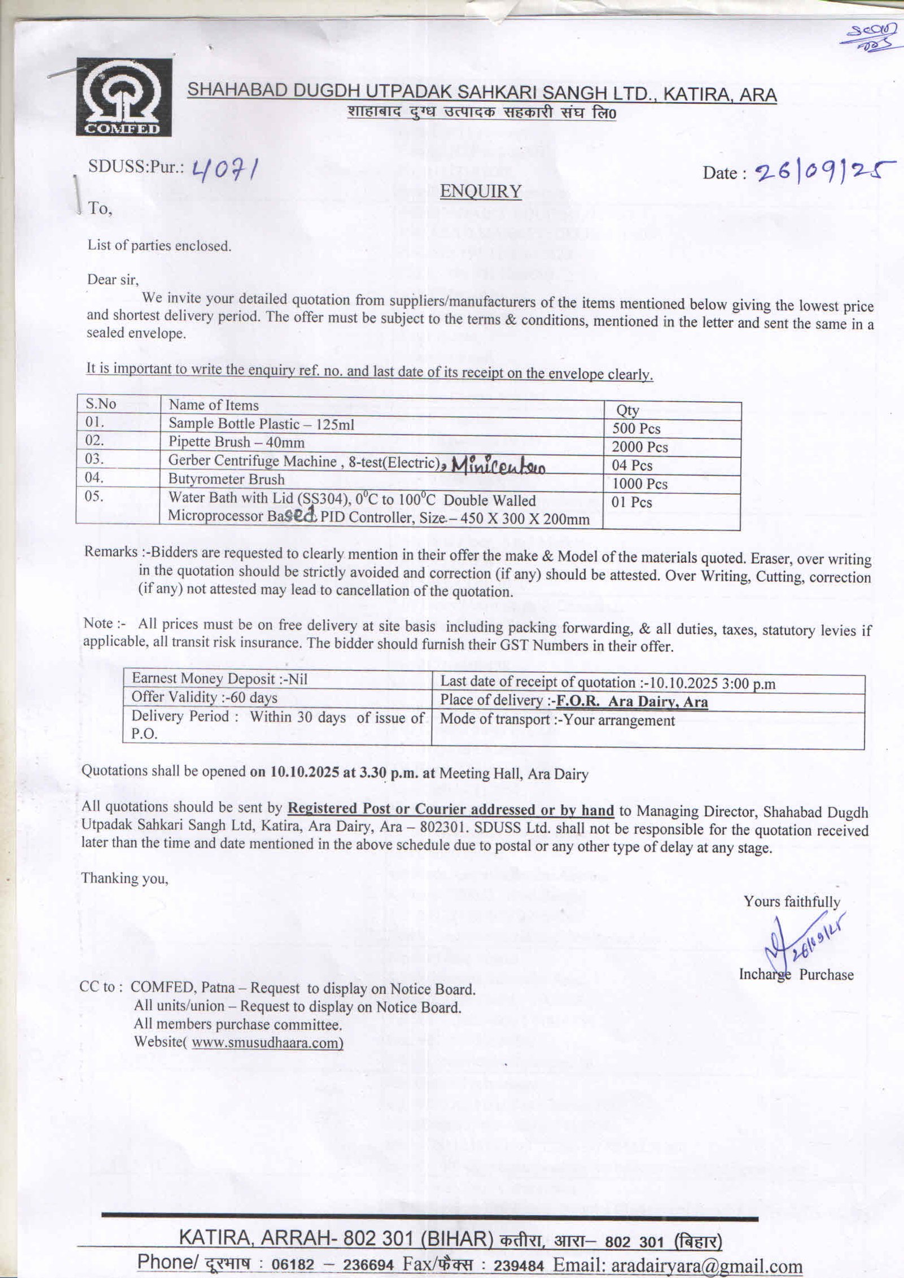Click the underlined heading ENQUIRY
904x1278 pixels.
tap(480, 192)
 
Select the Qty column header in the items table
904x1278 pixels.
tap(627, 411)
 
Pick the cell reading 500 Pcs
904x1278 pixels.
tap(636, 429)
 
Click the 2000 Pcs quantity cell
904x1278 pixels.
tap(640, 447)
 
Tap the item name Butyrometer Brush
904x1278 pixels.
tap(226, 480)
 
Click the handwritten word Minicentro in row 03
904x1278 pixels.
tap(498, 464)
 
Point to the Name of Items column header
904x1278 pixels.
tap(214, 405)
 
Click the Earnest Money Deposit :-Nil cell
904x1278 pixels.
tap(219, 679)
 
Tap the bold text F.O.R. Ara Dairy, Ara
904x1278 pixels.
tap(632, 702)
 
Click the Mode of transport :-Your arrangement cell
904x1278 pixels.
tap(557, 720)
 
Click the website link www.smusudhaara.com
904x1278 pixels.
tap(267, 1042)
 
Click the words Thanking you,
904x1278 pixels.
tap(125, 878)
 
